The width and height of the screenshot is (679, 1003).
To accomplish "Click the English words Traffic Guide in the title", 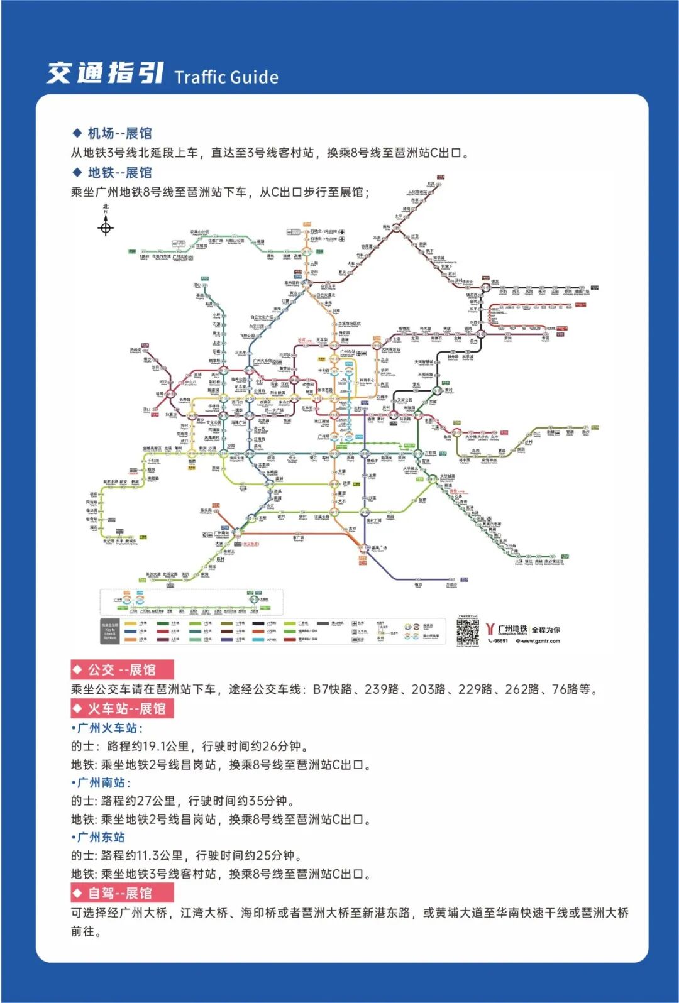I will coord(226,77).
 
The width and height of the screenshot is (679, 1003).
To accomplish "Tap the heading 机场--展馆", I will coord(119,133).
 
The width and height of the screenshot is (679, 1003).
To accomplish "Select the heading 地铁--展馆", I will coord(119,173).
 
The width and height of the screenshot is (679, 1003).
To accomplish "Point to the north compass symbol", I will coord(106,227).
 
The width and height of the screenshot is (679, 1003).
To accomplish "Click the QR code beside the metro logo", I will coord(467,630).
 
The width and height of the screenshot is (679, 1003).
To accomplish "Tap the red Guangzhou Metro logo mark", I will coord(490,628).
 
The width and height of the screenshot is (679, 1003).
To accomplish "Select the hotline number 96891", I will coord(499,641).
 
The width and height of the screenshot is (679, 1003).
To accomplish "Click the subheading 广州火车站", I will coord(107,728).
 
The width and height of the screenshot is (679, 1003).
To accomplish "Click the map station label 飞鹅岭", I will coord(144,257).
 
